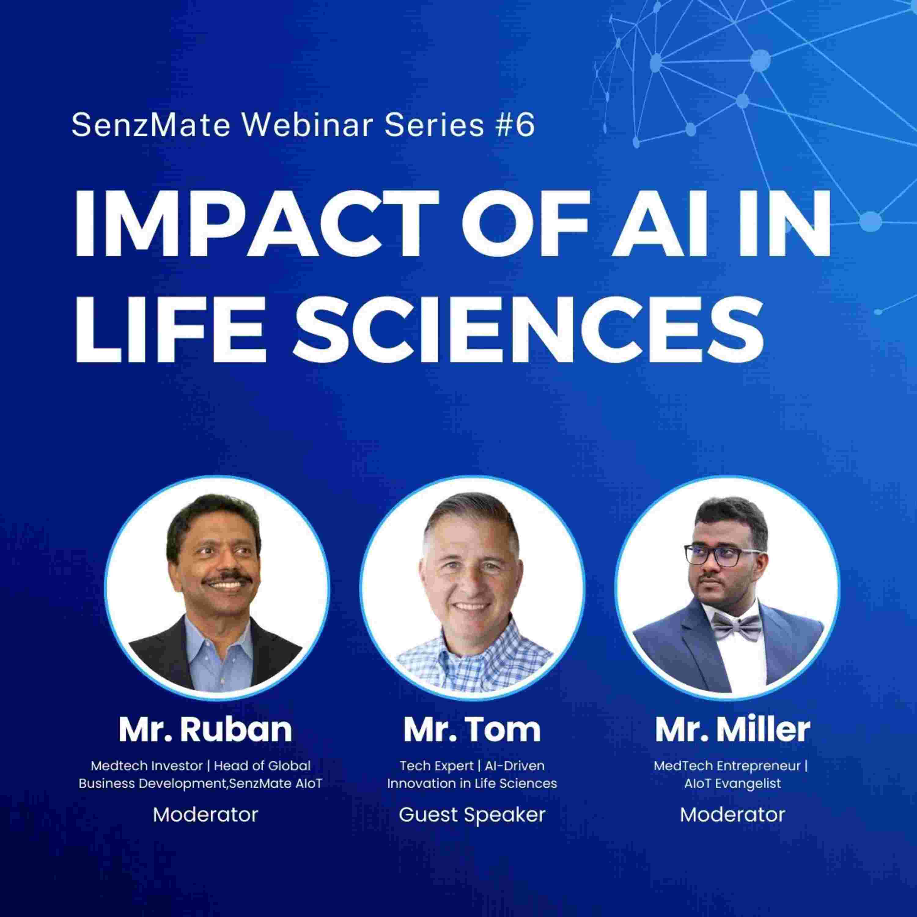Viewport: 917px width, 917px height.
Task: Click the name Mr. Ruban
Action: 205,730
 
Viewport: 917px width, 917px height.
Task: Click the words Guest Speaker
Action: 472,815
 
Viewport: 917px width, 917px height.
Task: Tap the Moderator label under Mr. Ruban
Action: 205,815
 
